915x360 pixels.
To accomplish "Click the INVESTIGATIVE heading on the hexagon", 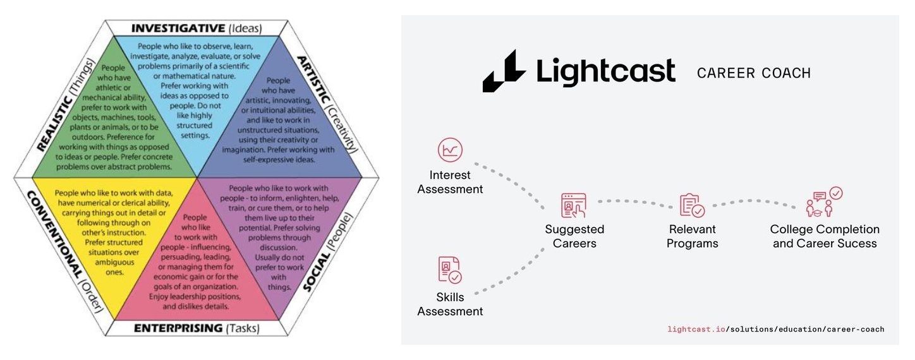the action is click(x=178, y=28).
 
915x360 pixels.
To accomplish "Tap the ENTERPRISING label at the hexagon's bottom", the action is click(x=178, y=328).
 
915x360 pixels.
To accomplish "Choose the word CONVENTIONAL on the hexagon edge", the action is click(x=54, y=235).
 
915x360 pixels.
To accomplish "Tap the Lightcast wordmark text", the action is click(x=606, y=72).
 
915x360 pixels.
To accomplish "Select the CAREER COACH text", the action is click(x=754, y=73).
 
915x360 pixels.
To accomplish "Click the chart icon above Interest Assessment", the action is click(x=450, y=150).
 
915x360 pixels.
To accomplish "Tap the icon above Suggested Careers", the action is click(x=574, y=205).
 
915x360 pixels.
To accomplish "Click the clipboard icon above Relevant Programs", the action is click(x=692, y=205).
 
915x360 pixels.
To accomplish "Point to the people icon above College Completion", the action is click(x=824, y=202).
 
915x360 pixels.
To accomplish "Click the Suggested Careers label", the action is click(x=574, y=236).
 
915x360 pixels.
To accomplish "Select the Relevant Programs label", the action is click(x=693, y=236).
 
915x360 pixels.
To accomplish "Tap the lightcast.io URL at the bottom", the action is click(x=776, y=329).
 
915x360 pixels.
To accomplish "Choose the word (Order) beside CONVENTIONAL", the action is click(x=92, y=296).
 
